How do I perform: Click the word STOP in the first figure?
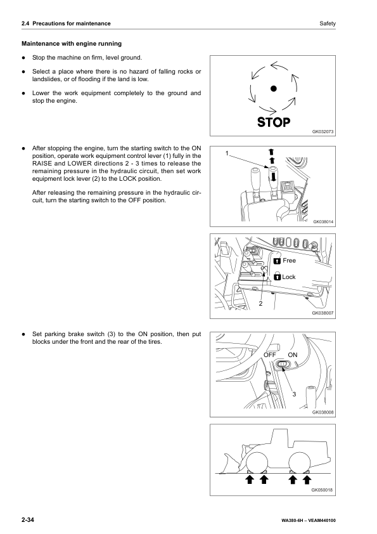pos(273,122)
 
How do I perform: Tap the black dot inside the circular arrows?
pos(273,89)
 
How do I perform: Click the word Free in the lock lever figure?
pos(289,261)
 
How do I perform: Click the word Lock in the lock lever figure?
pos(289,277)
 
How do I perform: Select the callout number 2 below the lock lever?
pos(260,304)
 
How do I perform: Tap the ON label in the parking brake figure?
pos(293,355)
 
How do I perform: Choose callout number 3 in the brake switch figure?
pos(294,394)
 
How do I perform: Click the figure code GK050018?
pos(323,490)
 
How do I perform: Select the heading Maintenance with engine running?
pos(72,44)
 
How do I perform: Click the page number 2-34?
pos(27,520)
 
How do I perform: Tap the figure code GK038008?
pos(323,412)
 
